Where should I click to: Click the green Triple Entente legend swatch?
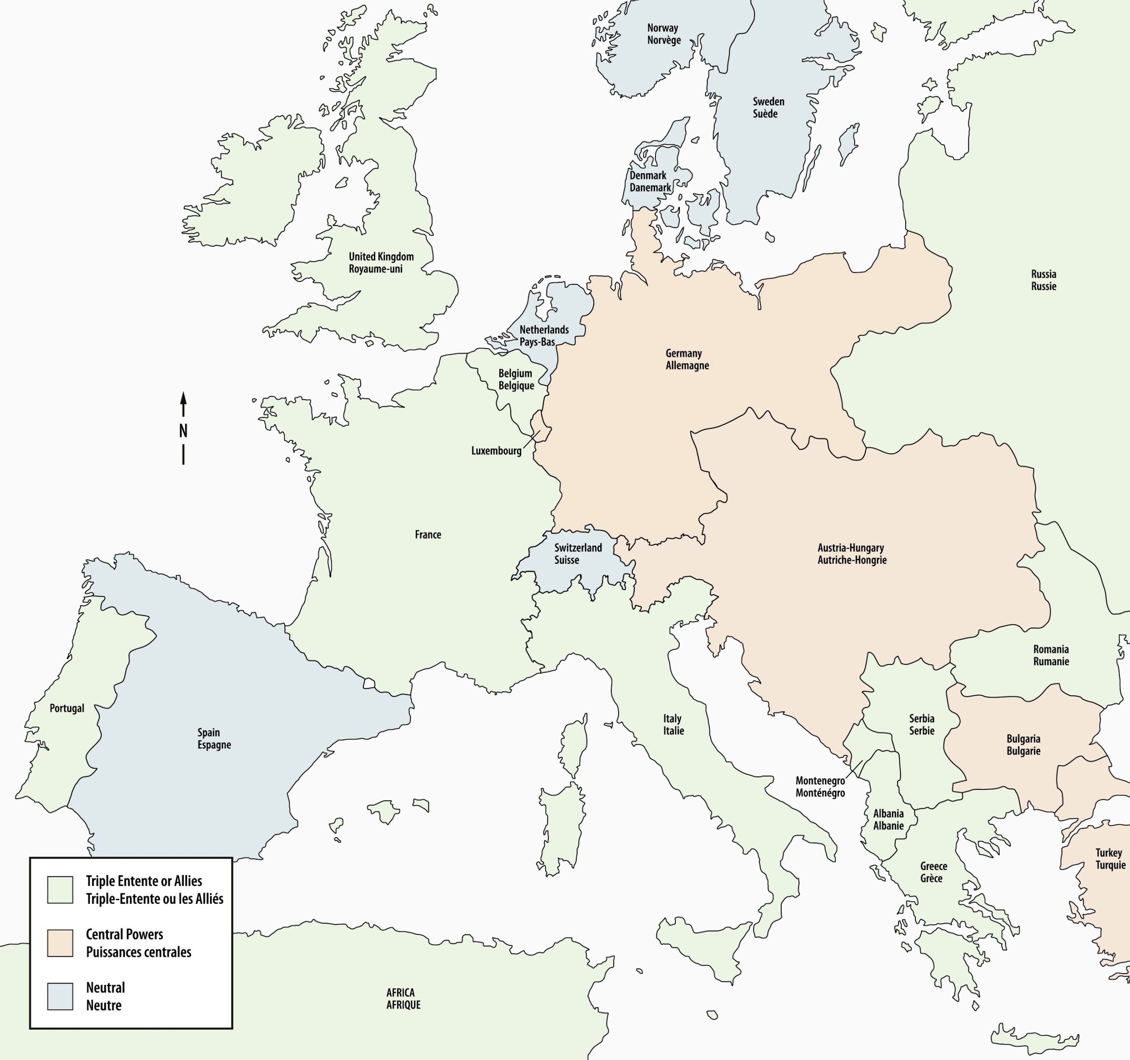(x=60, y=890)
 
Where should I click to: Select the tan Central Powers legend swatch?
(x=60, y=943)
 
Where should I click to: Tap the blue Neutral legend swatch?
(x=60, y=996)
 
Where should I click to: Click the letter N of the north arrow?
(x=183, y=431)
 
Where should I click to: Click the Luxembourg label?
(x=496, y=451)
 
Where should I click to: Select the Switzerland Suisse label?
(x=577, y=554)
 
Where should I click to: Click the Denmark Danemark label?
(x=650, y=181)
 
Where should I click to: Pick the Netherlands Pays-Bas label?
(x=543, y=336)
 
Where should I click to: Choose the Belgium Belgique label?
(x=516, y=379)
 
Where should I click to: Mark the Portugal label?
(x=67, y=708)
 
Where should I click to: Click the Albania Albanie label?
(x=888, y=819)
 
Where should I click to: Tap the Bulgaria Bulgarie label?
(x=1023, y=744)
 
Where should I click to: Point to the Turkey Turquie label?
(x=1110, y=859)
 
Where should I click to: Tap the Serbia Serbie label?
(x=921, y=724)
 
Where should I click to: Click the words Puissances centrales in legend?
(x=138, y=952)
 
